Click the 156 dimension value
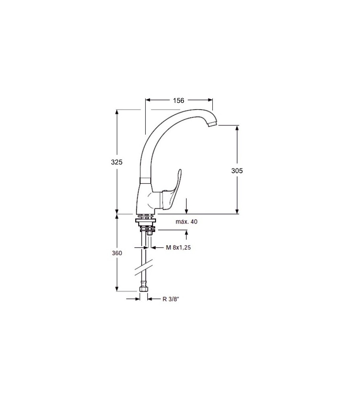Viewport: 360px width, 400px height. tap(178, 100)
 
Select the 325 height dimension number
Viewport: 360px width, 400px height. tap(116, 162)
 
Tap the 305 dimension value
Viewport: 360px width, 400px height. tap(237, 171)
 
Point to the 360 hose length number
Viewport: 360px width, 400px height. tap(117, 253)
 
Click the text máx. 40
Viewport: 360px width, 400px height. tap(186, 222)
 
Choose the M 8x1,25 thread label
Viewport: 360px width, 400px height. tap(178, 248)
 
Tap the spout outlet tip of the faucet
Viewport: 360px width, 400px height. tap(212, 124)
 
